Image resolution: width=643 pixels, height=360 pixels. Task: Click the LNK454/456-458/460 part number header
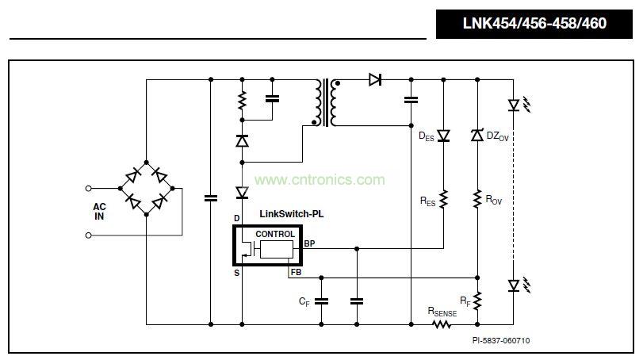[534, 24]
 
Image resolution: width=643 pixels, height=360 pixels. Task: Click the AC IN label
[99, 211]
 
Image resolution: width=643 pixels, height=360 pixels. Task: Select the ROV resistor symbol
[477, 198]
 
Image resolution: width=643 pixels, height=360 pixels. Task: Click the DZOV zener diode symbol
[477, 136]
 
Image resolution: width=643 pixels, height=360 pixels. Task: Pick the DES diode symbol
[443, 136]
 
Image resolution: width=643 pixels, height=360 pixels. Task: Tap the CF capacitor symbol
[322, 301]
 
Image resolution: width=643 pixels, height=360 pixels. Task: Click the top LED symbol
[513, 104]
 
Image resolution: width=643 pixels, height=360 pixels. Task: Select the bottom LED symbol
[513, 284]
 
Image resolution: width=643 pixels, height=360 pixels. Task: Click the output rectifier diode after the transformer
[375, 79]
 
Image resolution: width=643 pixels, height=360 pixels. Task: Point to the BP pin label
[309, 243]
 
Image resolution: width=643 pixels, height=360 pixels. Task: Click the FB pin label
[296, 272]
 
